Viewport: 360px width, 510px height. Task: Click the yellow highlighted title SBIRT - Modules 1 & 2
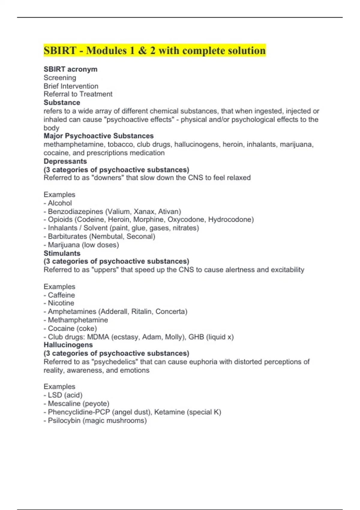pos(154,50)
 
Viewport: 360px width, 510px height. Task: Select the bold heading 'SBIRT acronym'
pos(70,69)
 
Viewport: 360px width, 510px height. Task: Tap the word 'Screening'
pos(60,78)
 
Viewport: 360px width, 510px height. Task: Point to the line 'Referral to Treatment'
pos(78,94)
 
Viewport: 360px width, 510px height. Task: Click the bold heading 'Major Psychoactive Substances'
pos(98,136)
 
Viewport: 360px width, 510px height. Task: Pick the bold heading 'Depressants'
pos(65,161)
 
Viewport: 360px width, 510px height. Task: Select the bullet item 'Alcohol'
pos(60,203)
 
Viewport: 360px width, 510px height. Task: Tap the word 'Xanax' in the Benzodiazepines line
pos(144,211)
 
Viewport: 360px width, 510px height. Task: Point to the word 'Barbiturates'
pos(67,236)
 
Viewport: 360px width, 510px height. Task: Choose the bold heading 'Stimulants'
pos(62,253)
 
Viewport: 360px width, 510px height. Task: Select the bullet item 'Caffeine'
pos(61,295)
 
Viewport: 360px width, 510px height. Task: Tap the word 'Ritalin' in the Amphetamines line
pos(141,312)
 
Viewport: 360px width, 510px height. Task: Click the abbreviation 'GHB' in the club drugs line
pos(196,337)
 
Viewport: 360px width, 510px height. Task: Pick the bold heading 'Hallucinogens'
pos(68,345)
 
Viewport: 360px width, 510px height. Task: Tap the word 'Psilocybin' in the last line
pos(64,421)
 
